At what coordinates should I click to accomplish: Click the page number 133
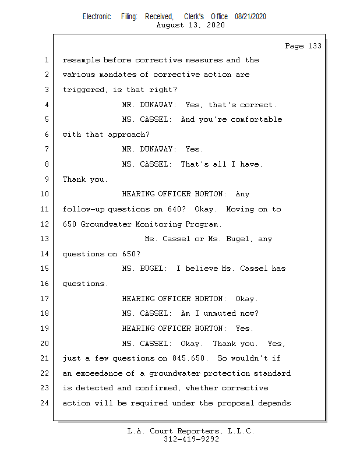click(x=314, y=46)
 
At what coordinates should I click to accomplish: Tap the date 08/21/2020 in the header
click(x=250, y=17)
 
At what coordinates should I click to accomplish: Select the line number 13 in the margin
click(x=45, y=239)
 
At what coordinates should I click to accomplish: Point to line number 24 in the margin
click(x=45, y=403)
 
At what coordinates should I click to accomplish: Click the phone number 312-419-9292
click(x=191, y=440)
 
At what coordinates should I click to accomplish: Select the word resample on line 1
click(x=80, y=60)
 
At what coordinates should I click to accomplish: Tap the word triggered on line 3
click(x=84, y=90)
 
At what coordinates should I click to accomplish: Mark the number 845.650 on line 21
click(x=188, y=358)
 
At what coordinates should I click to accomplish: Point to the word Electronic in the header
click(x=96, y=17)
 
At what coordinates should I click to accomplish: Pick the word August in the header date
click(x=171, y=25)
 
